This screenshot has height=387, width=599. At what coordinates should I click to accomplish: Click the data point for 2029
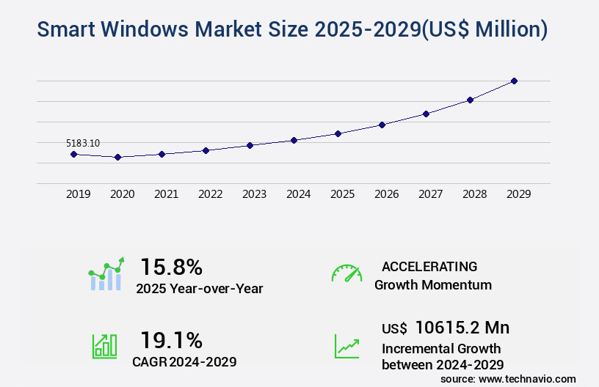tap(514, 81)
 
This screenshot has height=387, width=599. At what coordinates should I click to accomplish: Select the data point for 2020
tap(117, 157)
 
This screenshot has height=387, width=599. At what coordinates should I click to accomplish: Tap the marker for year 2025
tap(338, 133)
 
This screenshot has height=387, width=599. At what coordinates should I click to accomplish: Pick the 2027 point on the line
tap(426, 114)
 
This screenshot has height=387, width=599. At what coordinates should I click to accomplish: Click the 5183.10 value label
tap(83, 143)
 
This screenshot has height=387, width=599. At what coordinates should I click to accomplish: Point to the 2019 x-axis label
tap(79, 194)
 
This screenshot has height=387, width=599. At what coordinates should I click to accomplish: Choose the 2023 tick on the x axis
tap(255, 194)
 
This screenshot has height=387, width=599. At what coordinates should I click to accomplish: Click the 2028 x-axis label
tap(475, 194)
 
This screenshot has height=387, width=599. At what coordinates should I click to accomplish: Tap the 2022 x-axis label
tap(211, 194)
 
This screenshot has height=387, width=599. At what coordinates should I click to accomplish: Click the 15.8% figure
tap(171, 266)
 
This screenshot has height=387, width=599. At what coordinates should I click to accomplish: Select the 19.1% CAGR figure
tap(171, 339)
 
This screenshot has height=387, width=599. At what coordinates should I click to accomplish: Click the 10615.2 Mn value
tap(462, 327)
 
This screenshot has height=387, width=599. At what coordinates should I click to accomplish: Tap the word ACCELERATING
tap(429, 266)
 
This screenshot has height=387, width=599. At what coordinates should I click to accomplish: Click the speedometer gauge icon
tap(346, 273)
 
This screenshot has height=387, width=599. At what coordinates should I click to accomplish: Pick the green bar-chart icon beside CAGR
tap(104, 346)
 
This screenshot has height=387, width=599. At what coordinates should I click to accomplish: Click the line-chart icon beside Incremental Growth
tap(346, 346)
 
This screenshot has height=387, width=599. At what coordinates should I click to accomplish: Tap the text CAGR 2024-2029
tap(184, 361)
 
